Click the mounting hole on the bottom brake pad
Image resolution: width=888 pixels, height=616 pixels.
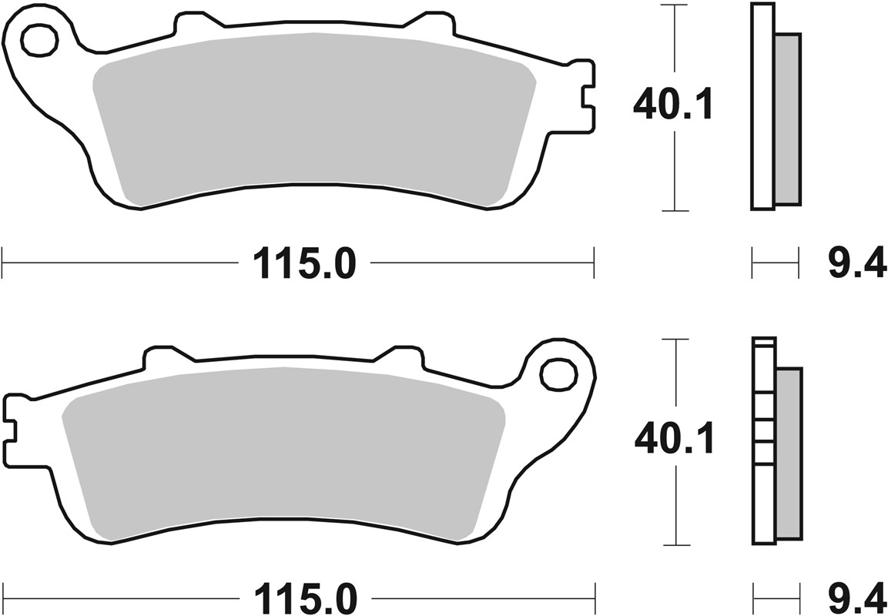tap(558, 373)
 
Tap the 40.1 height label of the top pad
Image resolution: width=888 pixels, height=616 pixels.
tap(672, 105)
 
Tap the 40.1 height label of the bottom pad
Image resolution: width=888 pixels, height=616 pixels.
tap(674, 440)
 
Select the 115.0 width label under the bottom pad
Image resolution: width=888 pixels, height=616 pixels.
tap(305, 598)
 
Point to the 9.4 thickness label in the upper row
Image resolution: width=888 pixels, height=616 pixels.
tap(857, 266)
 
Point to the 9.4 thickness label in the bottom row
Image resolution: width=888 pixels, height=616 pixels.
tap(857, 598)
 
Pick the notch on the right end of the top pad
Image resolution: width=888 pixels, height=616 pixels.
tap(587, 98)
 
